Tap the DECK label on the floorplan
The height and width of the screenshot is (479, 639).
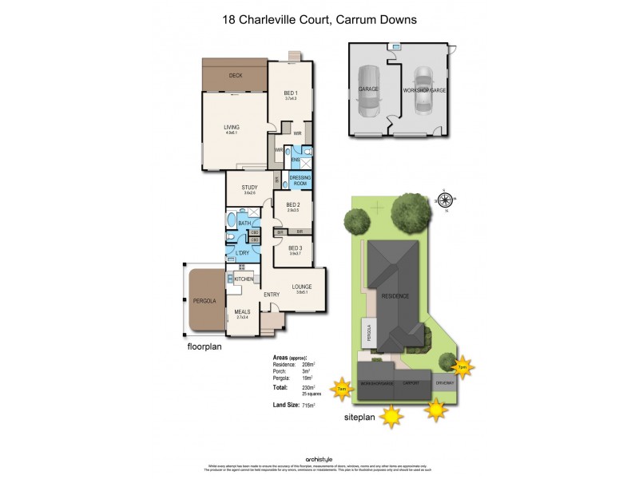236,76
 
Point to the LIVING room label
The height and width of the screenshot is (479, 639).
232,127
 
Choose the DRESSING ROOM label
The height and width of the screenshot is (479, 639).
299,180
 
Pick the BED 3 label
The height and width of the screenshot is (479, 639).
295,249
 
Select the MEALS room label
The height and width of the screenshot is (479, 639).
243,314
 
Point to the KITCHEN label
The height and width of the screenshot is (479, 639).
244,278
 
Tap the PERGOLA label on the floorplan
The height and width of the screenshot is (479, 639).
204,302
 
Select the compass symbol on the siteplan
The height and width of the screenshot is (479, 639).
446,199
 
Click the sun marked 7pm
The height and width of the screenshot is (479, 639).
462,367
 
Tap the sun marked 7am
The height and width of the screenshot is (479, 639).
342,389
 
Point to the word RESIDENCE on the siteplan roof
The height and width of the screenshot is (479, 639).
395,296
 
